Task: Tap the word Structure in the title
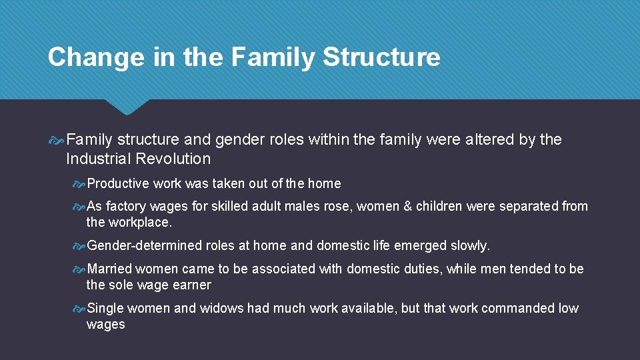tap(381, 57)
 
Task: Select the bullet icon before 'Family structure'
tap(57, 140)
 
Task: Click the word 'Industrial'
tap(98, 159)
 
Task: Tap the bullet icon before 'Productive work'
tap(79, 184)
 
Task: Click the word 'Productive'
tap(118, 183)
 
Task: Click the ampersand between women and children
tap(407, 206)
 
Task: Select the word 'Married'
tap(110, 269)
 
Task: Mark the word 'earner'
tap(192, 285)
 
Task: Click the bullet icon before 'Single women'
tap(79, 309)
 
